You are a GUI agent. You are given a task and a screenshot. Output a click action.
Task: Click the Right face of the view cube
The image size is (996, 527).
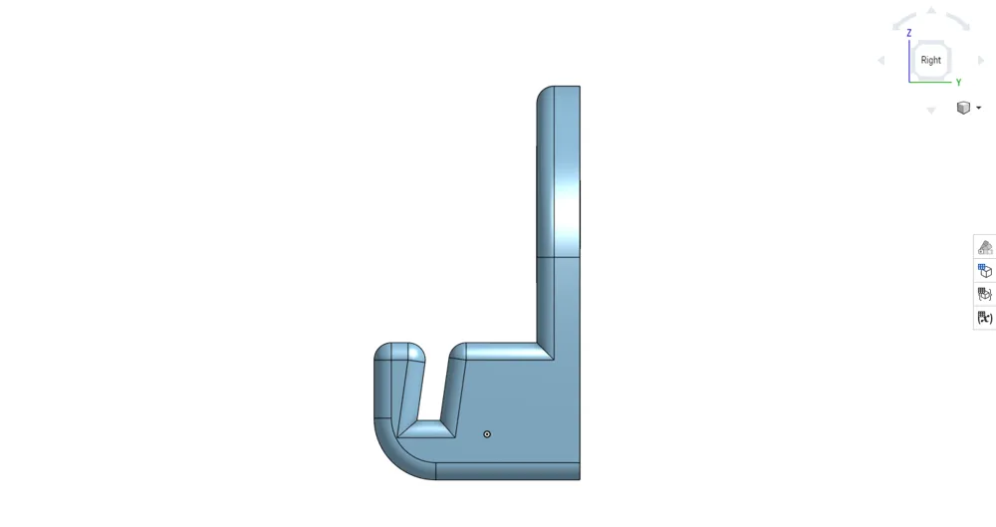pos(931,60)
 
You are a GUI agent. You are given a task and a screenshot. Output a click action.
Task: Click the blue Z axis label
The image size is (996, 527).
pos(909,33)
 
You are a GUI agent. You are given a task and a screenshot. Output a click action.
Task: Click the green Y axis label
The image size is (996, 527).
pos(958,83)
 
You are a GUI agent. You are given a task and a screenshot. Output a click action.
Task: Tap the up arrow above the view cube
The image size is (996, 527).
pos(931,11)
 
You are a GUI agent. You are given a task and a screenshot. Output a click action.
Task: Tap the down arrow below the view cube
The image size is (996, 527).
pos(931,110)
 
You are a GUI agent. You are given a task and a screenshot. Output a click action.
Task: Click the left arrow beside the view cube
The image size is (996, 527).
pos(880,61)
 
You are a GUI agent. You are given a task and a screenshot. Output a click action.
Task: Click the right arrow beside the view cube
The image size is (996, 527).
pos(982,61)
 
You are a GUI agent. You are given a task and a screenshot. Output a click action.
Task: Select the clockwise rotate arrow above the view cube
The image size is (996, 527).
pos(958,21)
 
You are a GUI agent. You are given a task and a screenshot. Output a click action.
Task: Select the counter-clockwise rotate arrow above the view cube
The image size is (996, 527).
pos(903,21)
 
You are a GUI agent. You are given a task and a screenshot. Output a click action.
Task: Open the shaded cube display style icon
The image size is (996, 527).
pos(963,108)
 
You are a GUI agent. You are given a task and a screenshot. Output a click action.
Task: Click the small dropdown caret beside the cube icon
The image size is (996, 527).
pos(979,108)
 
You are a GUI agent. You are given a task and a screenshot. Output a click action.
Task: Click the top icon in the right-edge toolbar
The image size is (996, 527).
pos(985,247)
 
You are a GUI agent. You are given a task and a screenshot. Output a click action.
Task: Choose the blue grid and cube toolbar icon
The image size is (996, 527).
pos(985,270)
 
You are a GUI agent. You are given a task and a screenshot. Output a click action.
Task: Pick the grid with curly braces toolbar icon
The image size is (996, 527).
pos(985,294)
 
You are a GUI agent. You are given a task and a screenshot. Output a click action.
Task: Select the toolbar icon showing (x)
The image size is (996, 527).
pos(985,318)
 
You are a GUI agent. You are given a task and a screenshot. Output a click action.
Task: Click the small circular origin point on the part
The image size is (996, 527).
pos(487,434)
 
